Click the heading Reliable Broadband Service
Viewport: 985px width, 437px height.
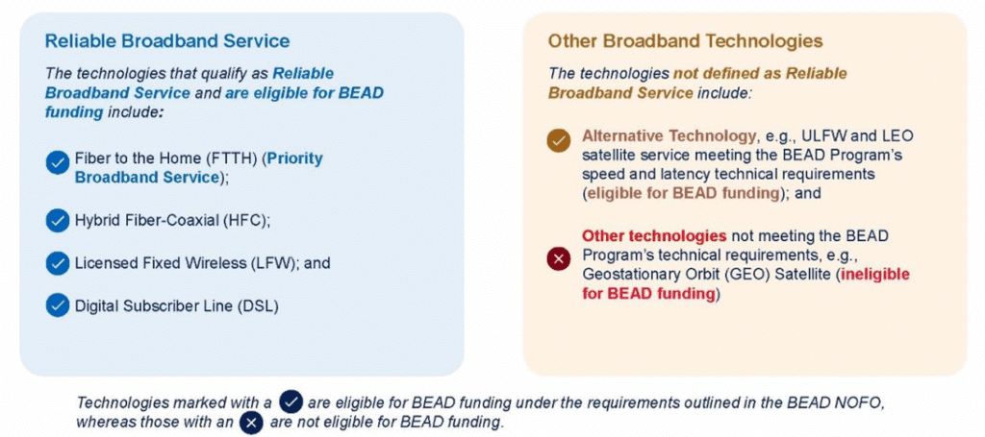click(x=167, y=41)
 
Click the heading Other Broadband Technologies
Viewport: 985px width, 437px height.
click(x=685, y=41)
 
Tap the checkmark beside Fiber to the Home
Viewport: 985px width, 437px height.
click(x=57, y=163)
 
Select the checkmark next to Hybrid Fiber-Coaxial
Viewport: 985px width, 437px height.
click(x=57, y=221)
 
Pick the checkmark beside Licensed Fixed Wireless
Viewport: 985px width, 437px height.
click(x=57, y=263)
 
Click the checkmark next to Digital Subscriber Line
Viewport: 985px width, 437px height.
click(x=57, y=306)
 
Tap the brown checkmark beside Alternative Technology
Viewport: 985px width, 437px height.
click(x=559, y=141)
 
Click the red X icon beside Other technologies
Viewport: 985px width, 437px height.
click(x=559, y=257)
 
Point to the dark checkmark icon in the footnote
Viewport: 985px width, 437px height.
click(x=291, y=401)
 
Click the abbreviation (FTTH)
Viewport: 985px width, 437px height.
click(x=237, y=158)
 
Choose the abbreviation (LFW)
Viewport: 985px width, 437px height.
click(x=275, y=263)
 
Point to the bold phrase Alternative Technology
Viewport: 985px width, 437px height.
click(x=668, y=136)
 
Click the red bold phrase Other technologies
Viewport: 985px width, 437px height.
click(x=654, y=236)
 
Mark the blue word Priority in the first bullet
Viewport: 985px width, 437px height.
click(x=294, y=158)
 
